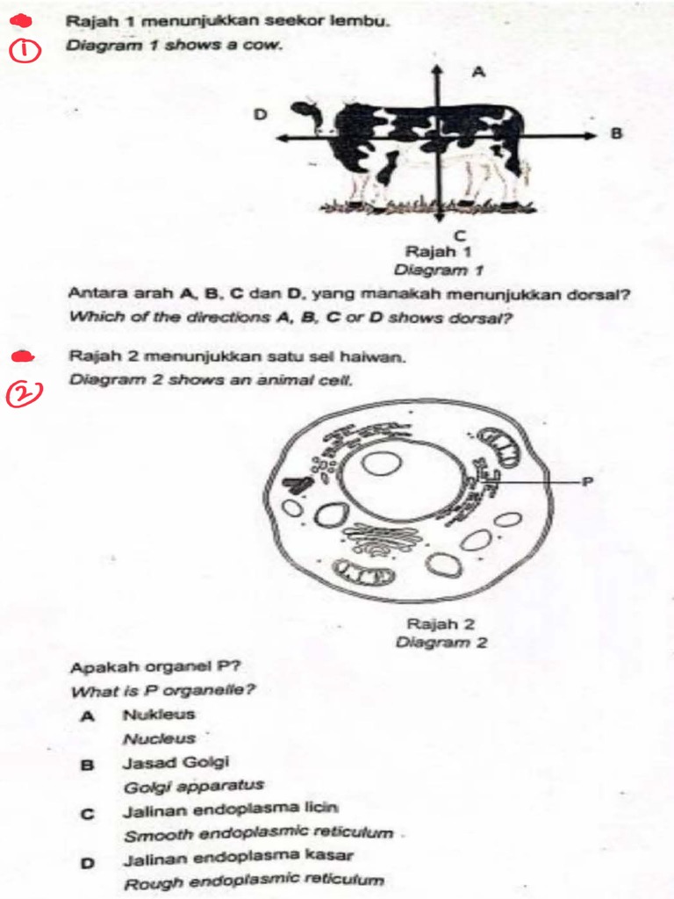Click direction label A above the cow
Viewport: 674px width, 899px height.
tap(478, 73)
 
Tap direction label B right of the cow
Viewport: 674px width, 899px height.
tap(615, 134)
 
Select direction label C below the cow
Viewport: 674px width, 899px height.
tap(459, 234)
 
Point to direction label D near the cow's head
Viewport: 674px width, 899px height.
tap(259, 114)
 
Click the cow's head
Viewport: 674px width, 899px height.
tap(310, 119)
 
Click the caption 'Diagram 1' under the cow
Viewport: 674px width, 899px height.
tap(439, 270)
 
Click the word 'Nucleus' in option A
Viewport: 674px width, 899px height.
tap(159, 739)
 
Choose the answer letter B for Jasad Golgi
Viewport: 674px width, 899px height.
tap(87, 764)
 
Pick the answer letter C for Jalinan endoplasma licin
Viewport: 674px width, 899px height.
tap(87, 813)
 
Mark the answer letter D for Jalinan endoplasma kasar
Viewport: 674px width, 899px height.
tap(87, 861)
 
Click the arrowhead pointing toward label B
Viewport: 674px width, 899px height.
tap(590, 135)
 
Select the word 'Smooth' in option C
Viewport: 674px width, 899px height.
tap(149, 835)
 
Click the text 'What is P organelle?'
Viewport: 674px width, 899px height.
tap(162, 691)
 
